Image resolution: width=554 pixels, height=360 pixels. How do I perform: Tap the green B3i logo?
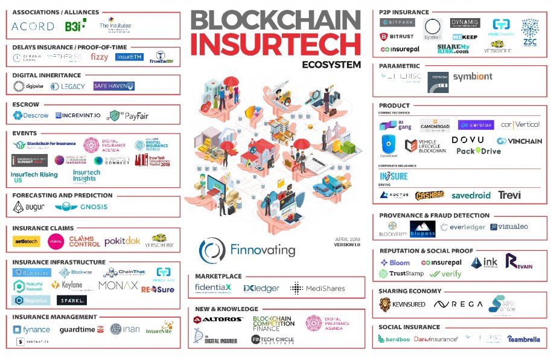click(x=75, y=25)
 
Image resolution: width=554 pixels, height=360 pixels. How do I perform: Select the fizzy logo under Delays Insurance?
click(x=100, y=57)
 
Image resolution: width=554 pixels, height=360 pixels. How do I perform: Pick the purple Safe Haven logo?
click(x=113, y=86)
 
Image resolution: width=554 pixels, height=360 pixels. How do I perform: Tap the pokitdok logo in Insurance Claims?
click(x=122, y=241)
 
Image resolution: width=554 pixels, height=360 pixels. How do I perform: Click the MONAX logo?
click(x=118, y=285)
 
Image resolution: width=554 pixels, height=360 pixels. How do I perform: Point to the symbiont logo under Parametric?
click(x=473, y=77)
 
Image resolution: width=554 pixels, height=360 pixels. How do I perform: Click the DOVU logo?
click(x=467, y=140)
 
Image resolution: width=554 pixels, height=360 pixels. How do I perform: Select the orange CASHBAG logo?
click(x=430, y=196)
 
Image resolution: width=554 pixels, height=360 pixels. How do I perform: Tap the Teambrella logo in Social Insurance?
click(x=524, y=339)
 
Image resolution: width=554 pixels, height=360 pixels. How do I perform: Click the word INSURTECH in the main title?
click(x=276, y=44)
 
